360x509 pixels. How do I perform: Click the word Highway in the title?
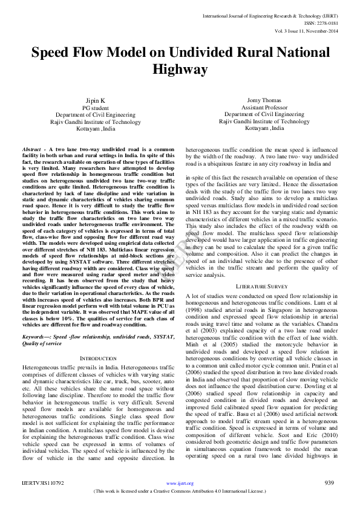point(180,70)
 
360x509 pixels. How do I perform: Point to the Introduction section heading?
point(98,358)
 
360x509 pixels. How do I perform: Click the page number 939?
point(329,482)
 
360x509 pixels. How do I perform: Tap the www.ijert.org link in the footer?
point(180,483)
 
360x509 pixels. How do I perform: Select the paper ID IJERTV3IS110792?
point(44,483)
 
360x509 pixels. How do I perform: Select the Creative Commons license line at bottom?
point(180,491)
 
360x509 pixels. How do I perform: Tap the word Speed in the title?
point(54,52)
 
